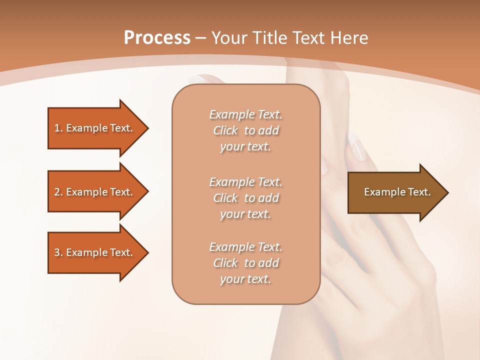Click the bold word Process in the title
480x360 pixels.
[157, 38]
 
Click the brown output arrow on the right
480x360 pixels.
[395, 192]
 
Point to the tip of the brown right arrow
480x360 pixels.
[447, 192]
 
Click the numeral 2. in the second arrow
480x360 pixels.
[58, 192]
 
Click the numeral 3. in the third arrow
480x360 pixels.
[58, 252]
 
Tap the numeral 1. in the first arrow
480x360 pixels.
[58, 128]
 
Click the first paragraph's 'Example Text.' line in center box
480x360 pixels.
[245, 115]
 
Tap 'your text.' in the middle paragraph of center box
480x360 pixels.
[245, 214]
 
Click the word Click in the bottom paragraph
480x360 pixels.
[225, 263]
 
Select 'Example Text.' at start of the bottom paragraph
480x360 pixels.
[245, 247]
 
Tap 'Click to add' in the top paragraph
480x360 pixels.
[245, 131]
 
